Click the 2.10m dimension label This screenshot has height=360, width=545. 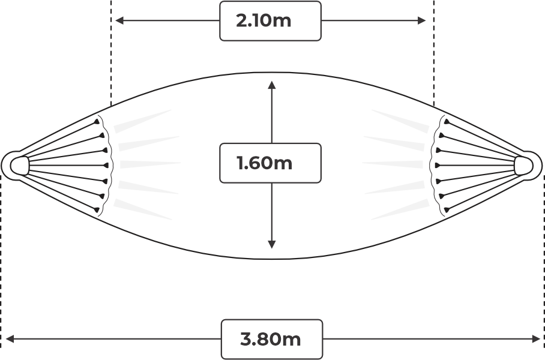click(263, 20)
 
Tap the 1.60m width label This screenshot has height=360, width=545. click(264, 163)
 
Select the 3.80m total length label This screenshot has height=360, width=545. click(271, 339)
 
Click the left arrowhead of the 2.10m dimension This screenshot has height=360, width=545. click(119, 20)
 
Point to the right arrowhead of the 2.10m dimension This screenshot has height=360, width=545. click(421, 20)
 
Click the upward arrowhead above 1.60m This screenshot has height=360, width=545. click(272, 85)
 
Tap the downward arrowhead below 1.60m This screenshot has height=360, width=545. click(272, 244)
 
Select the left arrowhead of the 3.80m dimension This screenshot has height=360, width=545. click(10, 338)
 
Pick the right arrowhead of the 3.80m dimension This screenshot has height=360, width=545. click(537, 338)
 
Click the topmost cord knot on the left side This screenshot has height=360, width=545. click(96, 122)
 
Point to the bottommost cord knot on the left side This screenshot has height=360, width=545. click(96, 209)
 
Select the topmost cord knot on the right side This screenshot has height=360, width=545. click(447, 122)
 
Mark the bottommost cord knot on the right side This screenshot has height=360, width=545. click(447, 209)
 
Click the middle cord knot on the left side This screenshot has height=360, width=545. click(106, 166)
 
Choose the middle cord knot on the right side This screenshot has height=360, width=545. click(438, 166)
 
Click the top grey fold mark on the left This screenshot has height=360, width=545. click(142, 121)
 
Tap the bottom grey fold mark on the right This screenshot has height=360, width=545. click(400, 209)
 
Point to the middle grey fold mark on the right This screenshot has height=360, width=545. click(393, 164)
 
